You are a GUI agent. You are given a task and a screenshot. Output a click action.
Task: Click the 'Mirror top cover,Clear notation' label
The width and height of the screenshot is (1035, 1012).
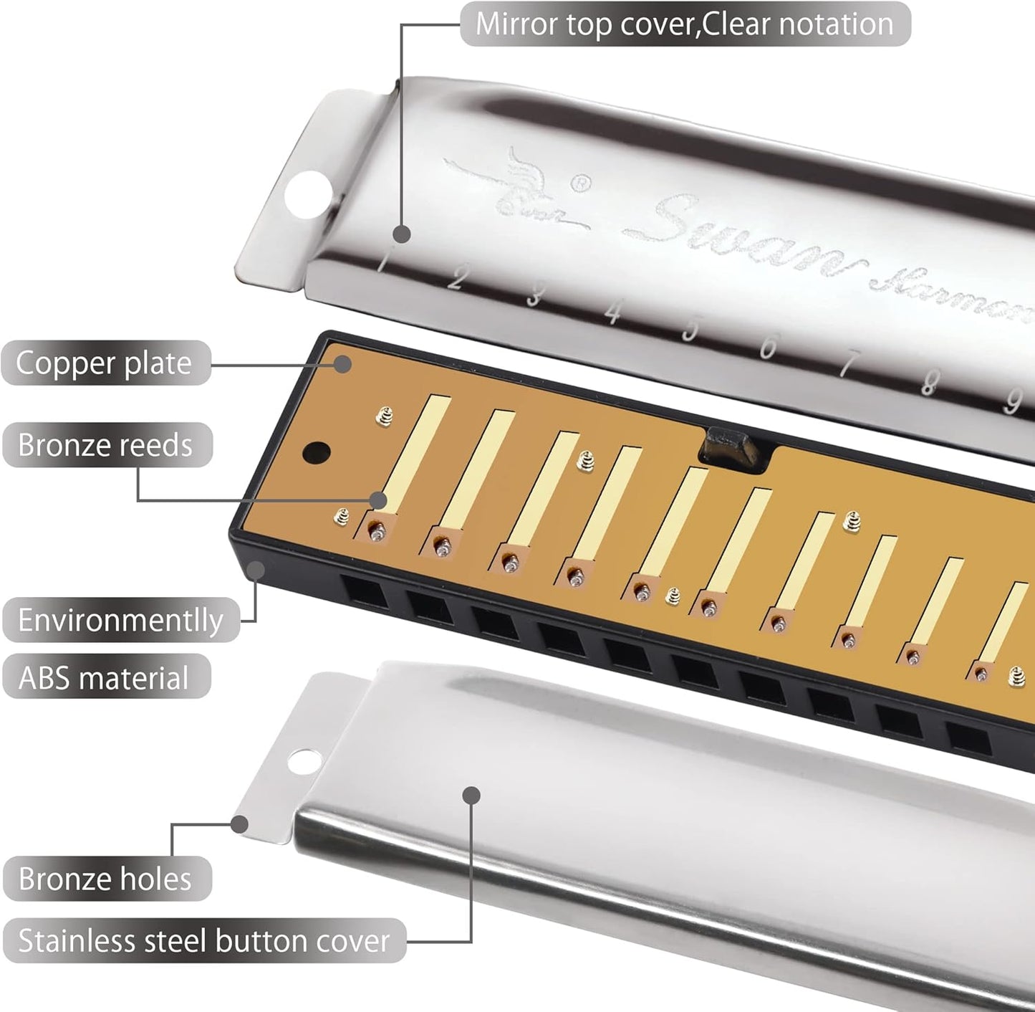click(x=685, y=24)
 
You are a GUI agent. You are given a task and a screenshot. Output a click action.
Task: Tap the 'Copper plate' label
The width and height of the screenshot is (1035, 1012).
click(x=105, y=363)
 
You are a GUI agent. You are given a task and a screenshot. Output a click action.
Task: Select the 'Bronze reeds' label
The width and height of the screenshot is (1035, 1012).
click(x=106, y=445)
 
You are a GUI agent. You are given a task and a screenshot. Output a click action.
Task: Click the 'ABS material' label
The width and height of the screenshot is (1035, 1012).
click(x=105, y=677)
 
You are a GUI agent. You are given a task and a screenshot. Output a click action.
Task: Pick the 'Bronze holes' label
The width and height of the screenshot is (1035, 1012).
click(x=105, y=879)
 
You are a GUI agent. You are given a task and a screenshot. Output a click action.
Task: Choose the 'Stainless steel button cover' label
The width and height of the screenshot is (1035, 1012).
click(x=204, y=940)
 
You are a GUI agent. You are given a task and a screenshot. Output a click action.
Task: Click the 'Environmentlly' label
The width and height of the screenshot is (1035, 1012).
click(x=120, y=620)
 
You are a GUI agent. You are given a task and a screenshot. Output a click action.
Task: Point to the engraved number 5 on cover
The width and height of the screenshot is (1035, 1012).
click(x=690, y=329)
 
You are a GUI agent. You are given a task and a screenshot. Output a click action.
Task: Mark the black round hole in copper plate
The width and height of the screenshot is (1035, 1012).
click(x=317, y=452)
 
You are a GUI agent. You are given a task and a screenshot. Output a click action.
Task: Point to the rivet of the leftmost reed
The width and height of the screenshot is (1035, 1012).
click(x=376, y=532)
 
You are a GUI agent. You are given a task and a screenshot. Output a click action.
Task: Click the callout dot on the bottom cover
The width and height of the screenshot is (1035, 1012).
click(x=471, y=794)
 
